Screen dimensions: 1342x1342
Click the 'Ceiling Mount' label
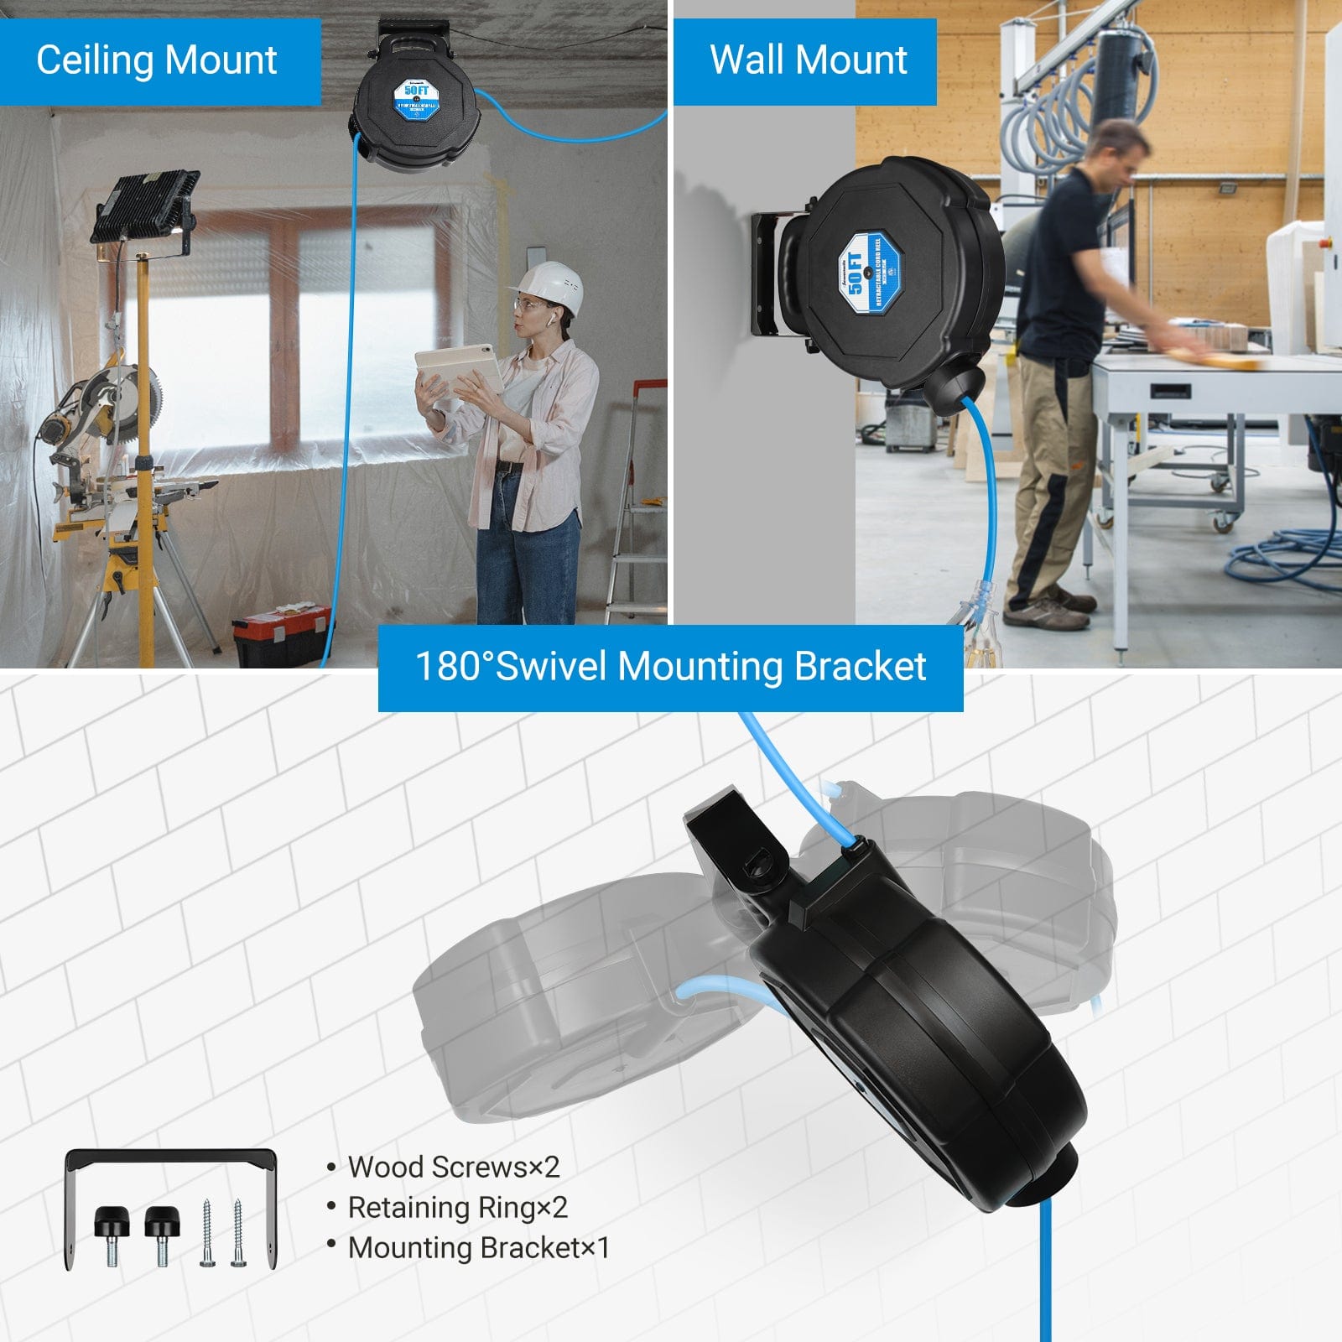(x=157, y=60)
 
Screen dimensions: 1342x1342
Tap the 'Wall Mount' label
(x=808, y=60)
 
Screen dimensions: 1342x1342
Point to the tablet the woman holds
(x=457, y=369)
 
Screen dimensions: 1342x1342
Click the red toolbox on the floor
(x=281, y=633)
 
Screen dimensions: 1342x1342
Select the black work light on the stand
(x=144, y=205)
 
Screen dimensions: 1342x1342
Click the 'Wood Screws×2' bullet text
(x=453, y=1167)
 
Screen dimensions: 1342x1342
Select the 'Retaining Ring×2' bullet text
(x=457, y=1207)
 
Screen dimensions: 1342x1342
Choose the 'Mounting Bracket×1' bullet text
(x=478, y=1247)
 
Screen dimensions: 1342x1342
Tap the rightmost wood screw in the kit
(x=238, y=1233)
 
